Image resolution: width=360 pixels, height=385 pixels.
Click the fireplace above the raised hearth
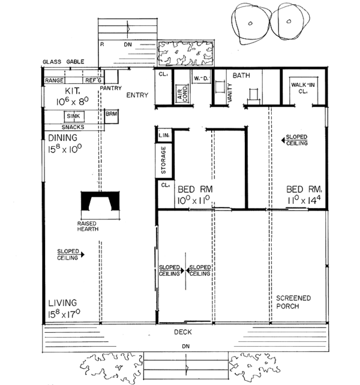click(100, 202)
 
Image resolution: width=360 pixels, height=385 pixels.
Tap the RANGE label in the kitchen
click(54, 80)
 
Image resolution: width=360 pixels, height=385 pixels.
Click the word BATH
click(241, 76)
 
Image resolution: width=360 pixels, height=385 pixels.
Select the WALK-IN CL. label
click(300, 89)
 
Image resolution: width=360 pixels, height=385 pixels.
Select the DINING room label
click(64, 137)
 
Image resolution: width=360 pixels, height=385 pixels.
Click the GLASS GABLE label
click(63, 62)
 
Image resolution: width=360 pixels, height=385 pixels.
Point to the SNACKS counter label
click(73, 127)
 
